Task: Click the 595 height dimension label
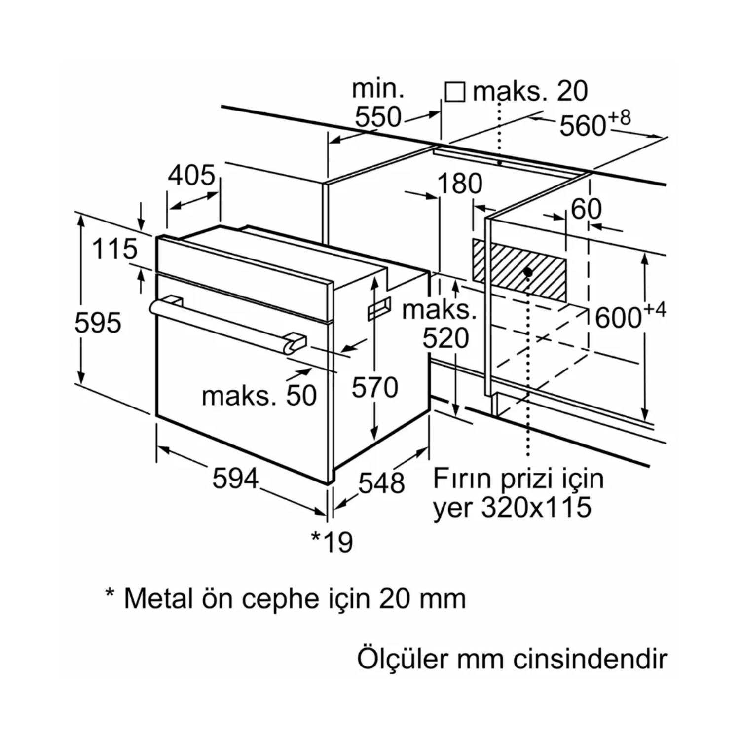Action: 98,324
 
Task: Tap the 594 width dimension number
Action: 235,478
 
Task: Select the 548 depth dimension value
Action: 381,483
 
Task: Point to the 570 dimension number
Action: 375,387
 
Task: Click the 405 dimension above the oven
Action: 191,175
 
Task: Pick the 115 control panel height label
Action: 114,249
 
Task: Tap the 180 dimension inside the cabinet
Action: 459,184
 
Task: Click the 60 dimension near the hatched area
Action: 586,209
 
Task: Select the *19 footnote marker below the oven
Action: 332,542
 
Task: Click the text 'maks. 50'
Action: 259,396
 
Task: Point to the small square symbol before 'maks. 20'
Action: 454,92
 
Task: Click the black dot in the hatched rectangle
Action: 528,272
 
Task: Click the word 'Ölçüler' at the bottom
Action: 403,659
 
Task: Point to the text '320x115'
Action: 536,507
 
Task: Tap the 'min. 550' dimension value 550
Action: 378,117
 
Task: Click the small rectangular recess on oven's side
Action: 378,309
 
